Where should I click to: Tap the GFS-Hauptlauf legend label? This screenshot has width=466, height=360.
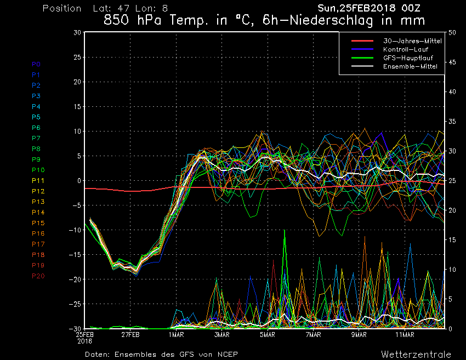(x=406, y=58)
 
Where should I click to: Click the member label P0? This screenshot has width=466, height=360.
(x=36, y=64)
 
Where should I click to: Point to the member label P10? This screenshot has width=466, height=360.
(x=38, y=170)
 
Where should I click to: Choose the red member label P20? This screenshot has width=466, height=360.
(x=38, y=276)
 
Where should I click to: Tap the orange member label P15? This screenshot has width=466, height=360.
(x=38, y=223)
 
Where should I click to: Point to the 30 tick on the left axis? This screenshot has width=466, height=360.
(x=77, y=32)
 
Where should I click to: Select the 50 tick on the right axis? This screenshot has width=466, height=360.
(x=452, y=32)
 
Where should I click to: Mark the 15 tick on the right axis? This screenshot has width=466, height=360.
(x=452, y=240)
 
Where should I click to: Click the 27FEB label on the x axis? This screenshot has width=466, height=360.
(x=130, y=334)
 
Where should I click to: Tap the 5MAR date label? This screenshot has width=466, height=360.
(x=267, y=334)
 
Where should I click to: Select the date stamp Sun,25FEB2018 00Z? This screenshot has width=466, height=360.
(x=372, y=8)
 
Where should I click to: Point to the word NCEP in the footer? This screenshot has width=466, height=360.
(x=226, y=354)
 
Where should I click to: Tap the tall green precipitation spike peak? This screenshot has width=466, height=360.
(x=285, y=231)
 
